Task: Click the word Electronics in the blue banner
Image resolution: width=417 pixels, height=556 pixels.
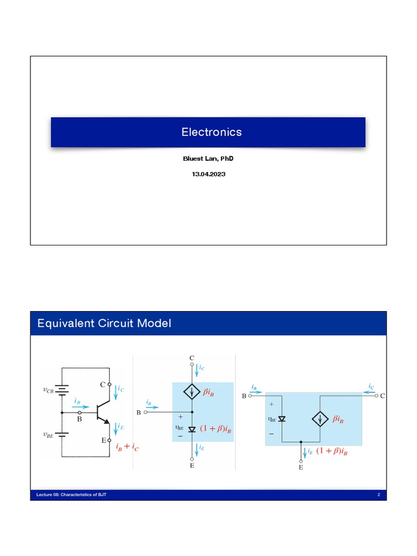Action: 211,132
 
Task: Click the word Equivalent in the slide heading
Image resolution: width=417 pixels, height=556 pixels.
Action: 63,324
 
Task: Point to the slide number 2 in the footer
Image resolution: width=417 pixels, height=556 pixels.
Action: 378,495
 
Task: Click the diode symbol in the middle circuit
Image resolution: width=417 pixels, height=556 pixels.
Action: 192,429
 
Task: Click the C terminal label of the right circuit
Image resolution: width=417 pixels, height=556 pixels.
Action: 382,396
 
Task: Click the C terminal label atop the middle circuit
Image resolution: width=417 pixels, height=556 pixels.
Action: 192,358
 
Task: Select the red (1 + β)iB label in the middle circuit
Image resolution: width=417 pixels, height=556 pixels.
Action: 216,429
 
